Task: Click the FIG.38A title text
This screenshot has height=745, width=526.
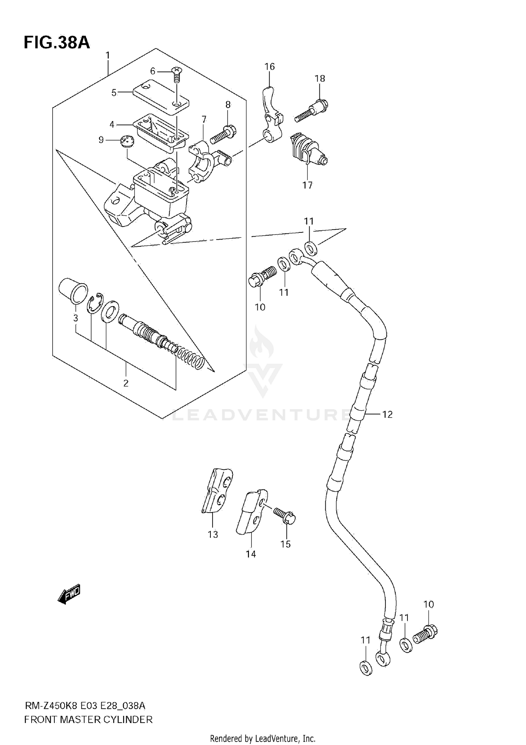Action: coord(56,43)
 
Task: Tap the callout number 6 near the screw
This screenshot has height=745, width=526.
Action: coord(153,71)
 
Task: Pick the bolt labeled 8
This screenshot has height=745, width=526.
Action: coord(223,134)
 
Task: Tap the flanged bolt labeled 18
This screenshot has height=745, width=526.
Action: coord(312,110)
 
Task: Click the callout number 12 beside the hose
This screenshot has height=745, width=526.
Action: coord(387,414)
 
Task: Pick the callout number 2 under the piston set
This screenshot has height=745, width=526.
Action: coord(126,383)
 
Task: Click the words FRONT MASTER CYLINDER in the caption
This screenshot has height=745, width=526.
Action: coord(88,719)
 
